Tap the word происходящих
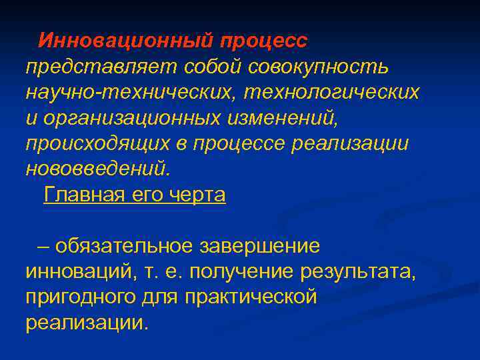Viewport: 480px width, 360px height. point(93,143)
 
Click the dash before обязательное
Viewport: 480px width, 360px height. point(43,246)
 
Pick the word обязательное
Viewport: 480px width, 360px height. point(123,246)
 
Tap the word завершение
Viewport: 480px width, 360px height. point(259,246)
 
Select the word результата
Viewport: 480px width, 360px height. point(367,272)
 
